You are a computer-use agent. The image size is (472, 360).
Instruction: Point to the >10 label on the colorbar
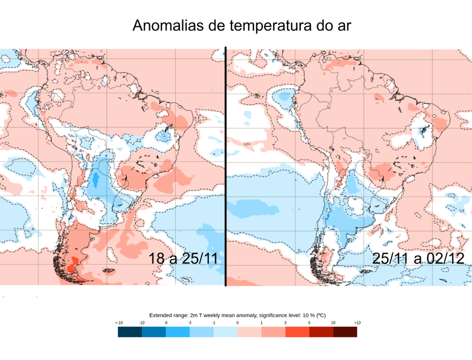tap(357, 323)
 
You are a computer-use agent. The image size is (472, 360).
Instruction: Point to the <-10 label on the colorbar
tap(118, 323)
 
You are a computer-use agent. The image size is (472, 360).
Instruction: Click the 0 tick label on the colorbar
tap(237, 323)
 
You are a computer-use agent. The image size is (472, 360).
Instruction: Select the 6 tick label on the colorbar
tap(309, 323)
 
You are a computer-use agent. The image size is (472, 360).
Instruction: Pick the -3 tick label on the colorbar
tap(189, 323)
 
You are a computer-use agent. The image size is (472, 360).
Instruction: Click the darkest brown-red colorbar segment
tap(345, 332)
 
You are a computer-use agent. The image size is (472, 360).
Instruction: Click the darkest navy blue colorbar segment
tap(130, 332)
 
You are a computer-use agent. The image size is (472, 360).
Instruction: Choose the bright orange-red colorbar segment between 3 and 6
tap(297, 332)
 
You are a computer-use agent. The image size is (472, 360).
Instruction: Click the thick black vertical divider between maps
tap(225, 166)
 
